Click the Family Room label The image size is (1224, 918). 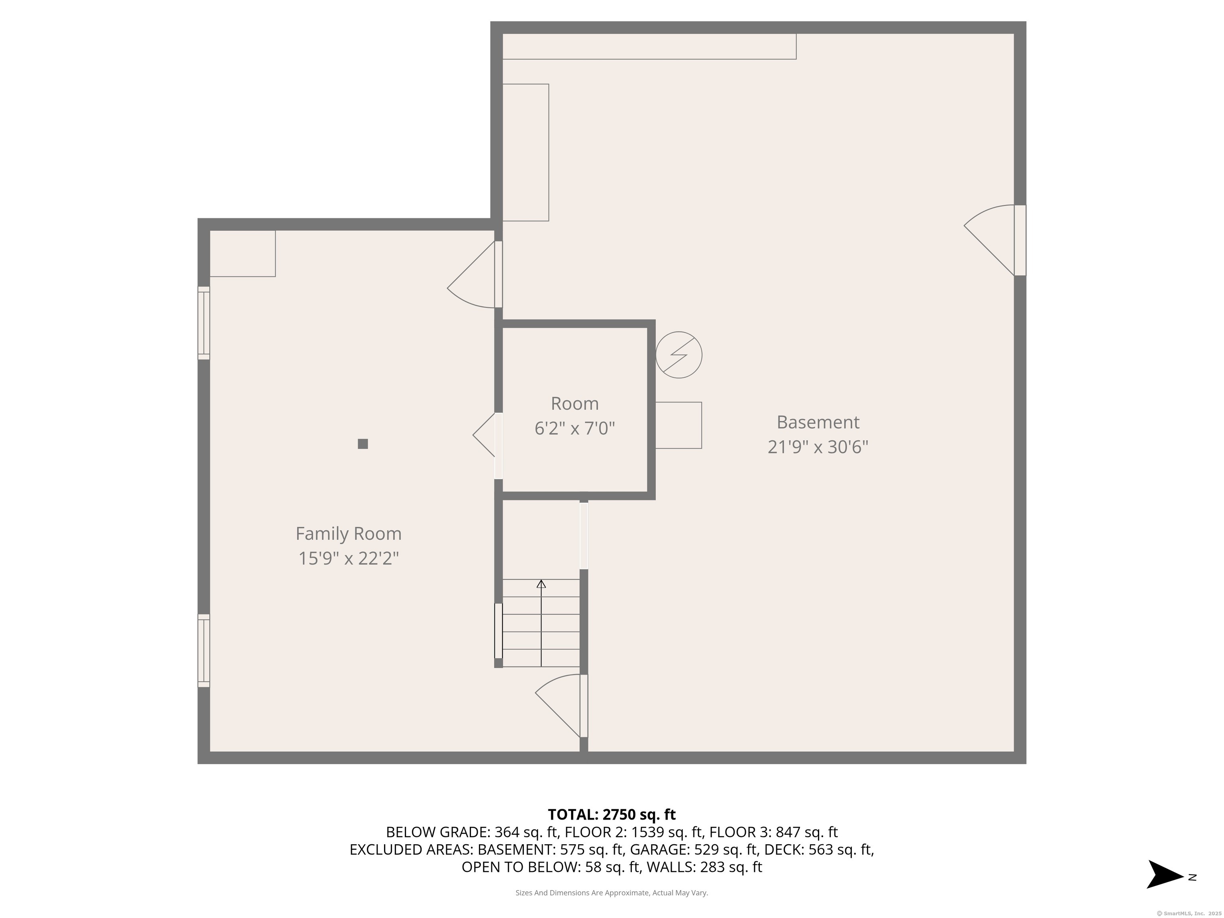pyautogui.click(x=348, y=534)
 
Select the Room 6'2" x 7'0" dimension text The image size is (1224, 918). pyautogui.click(x=575, y=428)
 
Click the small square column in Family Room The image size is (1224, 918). pyautogui.click(x=363, y=444)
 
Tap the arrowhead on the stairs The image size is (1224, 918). pyautogui.click(x=541, y=584)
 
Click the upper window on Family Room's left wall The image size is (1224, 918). pyautogui.click(x=204, y=323)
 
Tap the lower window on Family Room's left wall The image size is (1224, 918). pyautogui.click(x=204, y=651)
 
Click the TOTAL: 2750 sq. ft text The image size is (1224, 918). pyautogui.click(x=612, y=814)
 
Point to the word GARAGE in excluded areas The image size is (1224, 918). pyautogui.click(x=658, y=849)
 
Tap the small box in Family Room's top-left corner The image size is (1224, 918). pyautogui.click(x=242, y=253)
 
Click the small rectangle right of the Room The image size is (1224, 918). pyautogui.click(x=679, y=425)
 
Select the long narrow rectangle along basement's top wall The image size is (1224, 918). pyautogui.click(x=649, y=47)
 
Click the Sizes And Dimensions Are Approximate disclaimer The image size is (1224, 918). pyautogui.click(x=612, y=892)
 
